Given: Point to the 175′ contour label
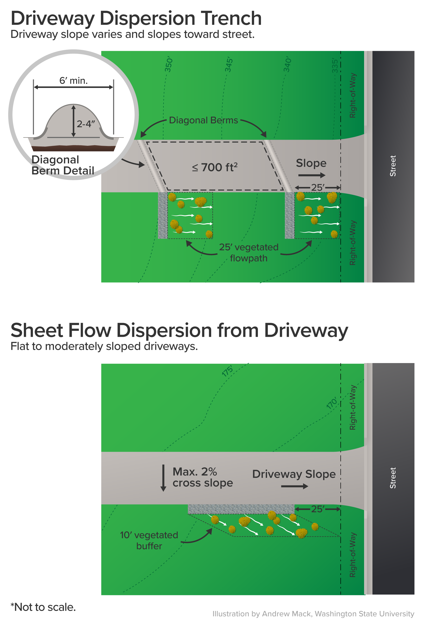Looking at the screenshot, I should (x=228, y=371).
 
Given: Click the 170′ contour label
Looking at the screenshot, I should (x=332, y=404).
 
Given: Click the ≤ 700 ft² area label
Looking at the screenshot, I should (x=215, y=167).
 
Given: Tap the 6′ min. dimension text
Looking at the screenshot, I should (x=73, y=80).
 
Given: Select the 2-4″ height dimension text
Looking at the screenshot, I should (x=86, y=124).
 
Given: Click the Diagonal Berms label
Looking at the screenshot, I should (x=203, y=120).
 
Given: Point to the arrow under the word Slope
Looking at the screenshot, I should (x=312, y=175).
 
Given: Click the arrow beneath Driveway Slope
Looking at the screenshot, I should (x=294, y=486).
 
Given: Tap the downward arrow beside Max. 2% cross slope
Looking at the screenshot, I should (x=163, y=478).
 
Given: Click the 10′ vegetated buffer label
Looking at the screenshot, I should (x=149, y=540).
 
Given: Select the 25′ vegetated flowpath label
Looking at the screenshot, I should (x=249, y=252).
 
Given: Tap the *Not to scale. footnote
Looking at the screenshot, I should (x=43, y=607).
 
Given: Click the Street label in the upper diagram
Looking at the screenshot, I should (x=393, y=166).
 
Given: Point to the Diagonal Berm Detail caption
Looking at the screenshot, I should (x=63, y=165).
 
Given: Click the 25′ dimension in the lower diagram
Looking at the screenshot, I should (x=318, y=509).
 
